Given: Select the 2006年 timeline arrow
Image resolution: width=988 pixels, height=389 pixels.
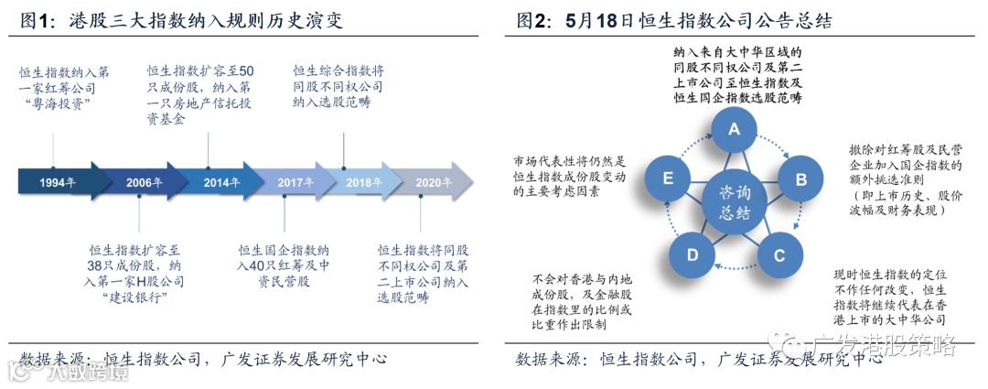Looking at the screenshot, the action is click(142, 182).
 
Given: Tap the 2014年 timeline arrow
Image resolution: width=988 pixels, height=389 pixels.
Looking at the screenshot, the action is click(218, 182).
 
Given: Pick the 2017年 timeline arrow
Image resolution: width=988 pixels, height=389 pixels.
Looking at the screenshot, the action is click(291, 182).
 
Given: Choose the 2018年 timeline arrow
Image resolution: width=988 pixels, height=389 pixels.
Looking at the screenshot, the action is click(364, 182).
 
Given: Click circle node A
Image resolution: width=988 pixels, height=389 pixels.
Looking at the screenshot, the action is click(733, 131).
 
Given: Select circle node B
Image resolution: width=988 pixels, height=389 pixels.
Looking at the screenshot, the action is click(800, 178).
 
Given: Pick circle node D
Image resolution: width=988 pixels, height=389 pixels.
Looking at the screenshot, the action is click(693, 254).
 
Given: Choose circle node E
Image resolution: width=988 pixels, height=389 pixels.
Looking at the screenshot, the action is click(669, 178).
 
